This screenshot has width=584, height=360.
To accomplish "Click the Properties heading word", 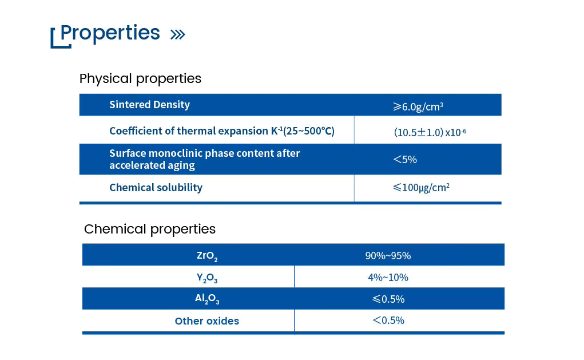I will click(110, 33).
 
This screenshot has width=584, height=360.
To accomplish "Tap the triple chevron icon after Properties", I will click(178, 35).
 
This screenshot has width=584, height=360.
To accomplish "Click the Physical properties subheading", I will click(140, 78).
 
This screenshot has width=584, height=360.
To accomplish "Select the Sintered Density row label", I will click(149, 105).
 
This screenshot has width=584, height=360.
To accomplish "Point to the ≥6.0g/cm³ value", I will click(418, 106).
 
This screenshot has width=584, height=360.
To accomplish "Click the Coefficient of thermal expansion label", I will click(221, 130).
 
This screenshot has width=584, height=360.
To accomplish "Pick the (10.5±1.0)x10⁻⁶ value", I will click(430, 132).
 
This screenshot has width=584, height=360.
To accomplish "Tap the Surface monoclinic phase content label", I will click(204, 159).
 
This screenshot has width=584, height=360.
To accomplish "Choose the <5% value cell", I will click(405, 160).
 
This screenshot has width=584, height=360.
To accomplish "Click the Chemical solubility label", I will click(156, 188).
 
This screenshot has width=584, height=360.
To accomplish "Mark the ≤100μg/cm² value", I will click(420, 187).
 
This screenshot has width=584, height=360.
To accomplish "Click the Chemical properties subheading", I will click(150, 229).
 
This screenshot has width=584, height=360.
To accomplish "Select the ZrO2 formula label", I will click(206, 256).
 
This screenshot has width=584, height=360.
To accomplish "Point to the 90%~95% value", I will click(388, 256).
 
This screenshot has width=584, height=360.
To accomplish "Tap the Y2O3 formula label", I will click(206, 278).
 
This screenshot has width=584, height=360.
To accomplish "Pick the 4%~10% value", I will click(388, 278).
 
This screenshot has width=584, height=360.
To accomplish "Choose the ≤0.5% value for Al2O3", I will click(388, 299).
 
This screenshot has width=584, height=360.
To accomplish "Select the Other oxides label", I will click(206, 321).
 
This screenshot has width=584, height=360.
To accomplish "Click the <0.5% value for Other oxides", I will click(388, 321).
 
